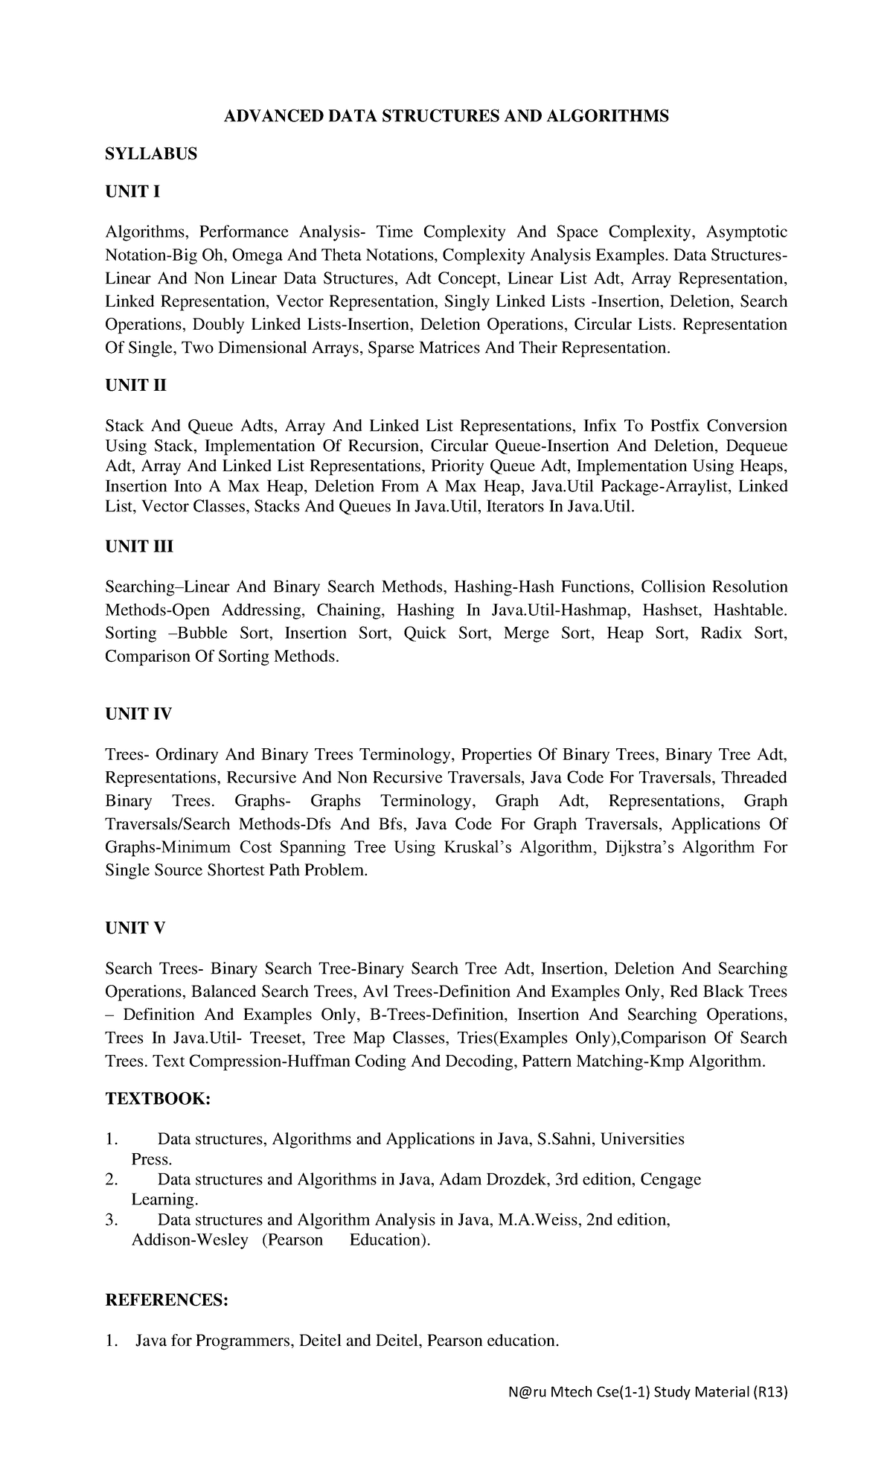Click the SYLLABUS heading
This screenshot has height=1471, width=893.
[151, 154]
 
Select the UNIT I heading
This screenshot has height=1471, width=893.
[132, 192]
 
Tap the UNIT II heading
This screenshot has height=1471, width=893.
[136, 386]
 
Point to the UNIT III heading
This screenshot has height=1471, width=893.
[139, 546]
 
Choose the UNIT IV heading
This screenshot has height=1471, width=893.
[138, 714]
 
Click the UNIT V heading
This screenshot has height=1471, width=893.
[135, 928]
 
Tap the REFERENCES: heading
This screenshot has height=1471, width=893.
[166, 1301]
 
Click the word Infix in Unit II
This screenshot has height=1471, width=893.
[604, 426]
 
